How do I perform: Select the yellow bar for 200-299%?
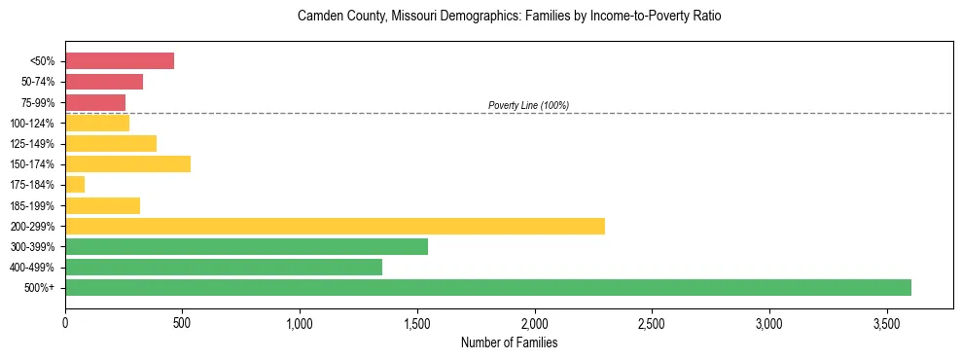(335, 226)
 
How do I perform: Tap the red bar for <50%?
(120, 61)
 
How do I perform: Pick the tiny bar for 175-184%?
(75, 185)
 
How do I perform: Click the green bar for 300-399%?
(246, 246)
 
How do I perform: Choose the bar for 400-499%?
(224, 267)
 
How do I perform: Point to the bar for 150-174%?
(127, 163)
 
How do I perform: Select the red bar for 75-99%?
(95, 102)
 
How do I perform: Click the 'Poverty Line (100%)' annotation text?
(528, 105)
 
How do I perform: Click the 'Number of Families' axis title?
(509, 342)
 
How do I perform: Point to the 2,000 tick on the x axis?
(534, 322)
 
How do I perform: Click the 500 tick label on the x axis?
(183, 322)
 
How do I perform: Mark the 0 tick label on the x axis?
(65, 322)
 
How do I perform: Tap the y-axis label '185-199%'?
(37, 205)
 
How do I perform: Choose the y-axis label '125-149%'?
(37, 144)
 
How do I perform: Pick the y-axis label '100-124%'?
(37, 124)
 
